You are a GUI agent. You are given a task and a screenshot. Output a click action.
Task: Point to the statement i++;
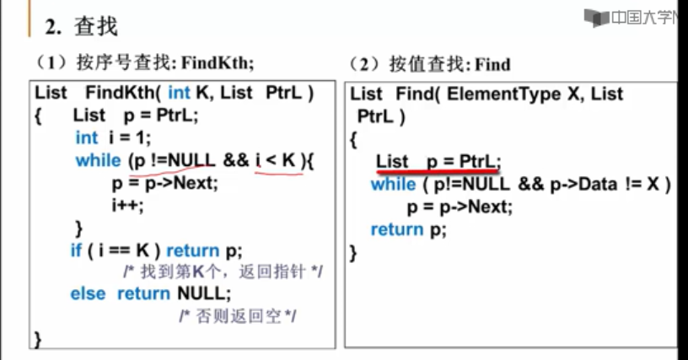(x=127, y=205)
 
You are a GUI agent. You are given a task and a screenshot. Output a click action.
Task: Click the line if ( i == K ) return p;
(x=156, y=250)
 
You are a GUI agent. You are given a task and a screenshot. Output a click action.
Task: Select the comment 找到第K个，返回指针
(x=223, y=272)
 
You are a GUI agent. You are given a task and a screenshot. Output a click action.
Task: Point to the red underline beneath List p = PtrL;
(x=438, y=171)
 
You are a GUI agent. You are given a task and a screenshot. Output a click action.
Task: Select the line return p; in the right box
(x=408, y=229)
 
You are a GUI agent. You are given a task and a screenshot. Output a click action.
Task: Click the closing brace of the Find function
(x=354, y=251)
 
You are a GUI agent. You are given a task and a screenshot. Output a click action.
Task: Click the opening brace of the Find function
(x=354, y=138)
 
